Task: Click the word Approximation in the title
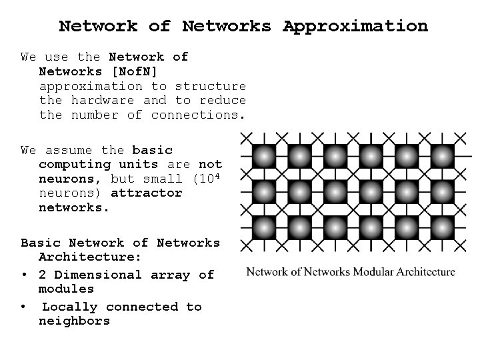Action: (x=355, y=27)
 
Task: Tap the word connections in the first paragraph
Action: (x=198, y=115)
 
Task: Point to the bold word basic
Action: (x=152, y=150)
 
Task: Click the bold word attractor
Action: (x=146, y=193)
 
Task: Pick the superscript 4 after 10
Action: (x=219, y=175)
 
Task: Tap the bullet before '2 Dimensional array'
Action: (x=24, y=275)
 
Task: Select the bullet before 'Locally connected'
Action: (x=24, y=307)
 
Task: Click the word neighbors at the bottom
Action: (x=74, y=321)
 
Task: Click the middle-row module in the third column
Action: (x=336, y=191)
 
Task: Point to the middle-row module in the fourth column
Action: (x=371, y=191)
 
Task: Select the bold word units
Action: (x=138, y=164)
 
